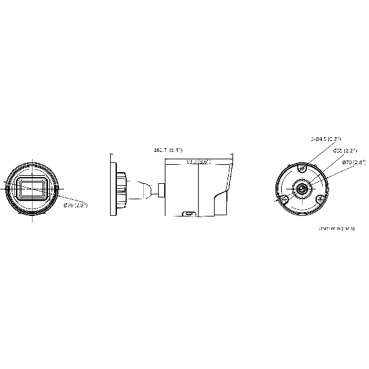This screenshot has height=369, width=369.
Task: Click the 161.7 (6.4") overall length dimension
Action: pos(168,150)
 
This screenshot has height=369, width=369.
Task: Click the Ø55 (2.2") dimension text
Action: pos(343,151)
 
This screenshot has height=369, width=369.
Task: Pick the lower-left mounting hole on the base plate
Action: pos(284,199)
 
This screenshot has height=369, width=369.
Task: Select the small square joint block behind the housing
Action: pos(161,189)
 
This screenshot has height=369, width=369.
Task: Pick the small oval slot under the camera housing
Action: pos(188,214)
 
